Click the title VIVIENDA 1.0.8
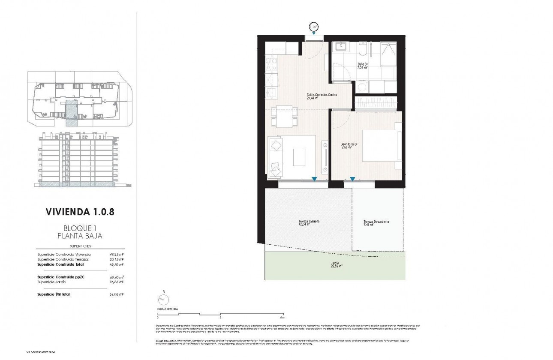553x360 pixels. pyautogui.click(x=80, y=212)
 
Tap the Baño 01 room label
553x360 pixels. pyautogui.click(x=363, y=66)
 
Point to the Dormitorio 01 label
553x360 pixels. pyautogui.click(x=349, y=146)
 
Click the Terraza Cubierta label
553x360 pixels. pyautogui.click(x=309, y=223)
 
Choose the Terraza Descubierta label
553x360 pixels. pyautogui.click(x=376, y=223)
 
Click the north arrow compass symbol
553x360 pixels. pyautogui.click(x=163, y=300)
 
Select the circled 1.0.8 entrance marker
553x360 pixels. pyautogui.click(x=314, y=27)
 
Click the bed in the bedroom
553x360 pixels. pyautogui.click(x=382, y=146)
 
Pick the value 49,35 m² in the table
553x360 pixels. pyautogui.click(x=117, y=255)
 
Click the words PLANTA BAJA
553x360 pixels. pyautogui.click(x=80, y=236)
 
